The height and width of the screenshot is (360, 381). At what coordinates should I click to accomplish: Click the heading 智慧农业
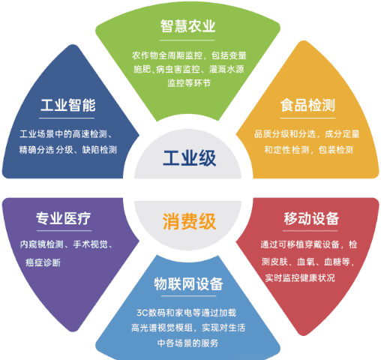187,26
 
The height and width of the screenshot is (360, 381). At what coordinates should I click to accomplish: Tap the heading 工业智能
68,105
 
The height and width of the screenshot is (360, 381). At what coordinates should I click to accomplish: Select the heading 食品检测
307,105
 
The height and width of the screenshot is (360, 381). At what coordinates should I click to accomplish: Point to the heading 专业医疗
64,218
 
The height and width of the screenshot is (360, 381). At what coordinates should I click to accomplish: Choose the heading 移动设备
311,218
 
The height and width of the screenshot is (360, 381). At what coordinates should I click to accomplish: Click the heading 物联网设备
188,284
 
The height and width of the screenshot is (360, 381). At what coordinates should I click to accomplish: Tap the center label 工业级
190,158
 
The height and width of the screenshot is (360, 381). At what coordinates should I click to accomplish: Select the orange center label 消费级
190,221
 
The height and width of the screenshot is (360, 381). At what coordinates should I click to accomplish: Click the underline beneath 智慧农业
187,40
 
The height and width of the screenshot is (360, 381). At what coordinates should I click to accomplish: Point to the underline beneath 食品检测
307,118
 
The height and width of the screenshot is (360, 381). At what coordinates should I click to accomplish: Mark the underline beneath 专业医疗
64,230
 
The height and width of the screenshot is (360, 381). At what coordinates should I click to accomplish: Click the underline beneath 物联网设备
188,296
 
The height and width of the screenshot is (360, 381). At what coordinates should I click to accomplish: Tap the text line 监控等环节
189,83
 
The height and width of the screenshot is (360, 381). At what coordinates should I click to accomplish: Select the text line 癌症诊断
43,262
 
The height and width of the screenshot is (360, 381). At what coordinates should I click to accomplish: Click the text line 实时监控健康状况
300,277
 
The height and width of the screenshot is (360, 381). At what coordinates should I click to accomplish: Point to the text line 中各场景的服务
188,343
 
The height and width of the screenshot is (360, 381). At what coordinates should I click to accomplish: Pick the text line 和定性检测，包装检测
308,150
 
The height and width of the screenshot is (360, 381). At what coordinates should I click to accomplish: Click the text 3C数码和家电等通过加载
187,313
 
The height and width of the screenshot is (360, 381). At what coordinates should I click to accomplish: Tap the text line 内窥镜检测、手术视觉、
66,244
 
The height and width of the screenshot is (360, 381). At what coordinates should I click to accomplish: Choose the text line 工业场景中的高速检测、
66,134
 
